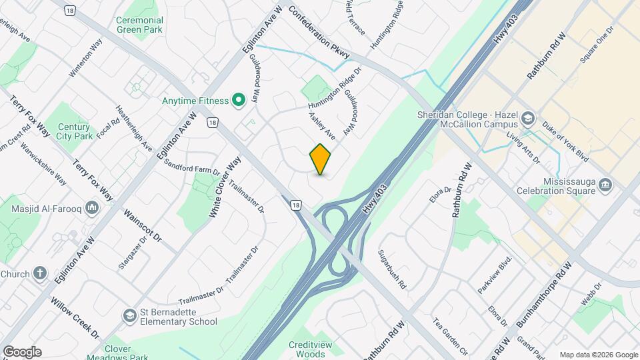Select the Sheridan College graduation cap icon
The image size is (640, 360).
point(529,119)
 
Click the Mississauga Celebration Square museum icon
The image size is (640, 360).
point(605,184)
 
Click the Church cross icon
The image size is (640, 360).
point(41,274)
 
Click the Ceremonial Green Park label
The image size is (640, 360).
point(140,25)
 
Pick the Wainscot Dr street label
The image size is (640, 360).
point(143,225)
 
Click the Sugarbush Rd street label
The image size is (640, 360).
point(392,269)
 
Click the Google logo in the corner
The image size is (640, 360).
point(22,352)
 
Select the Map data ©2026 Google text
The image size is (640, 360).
point(599,355)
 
